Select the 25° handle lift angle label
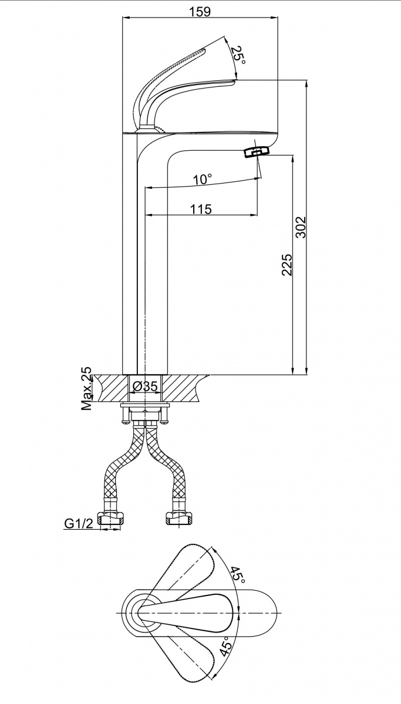pyautogui.click(x=237, y=56)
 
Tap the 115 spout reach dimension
pyautogui.click(x=201, y=209)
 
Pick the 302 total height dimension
pyautogui.click(x=301, y=227)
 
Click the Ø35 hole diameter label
pyautogui.click(x=144, y=386)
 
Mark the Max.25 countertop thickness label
pyautogui.click(x=87, y=388)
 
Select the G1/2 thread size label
pyautogui.click(x=79, y=523)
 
